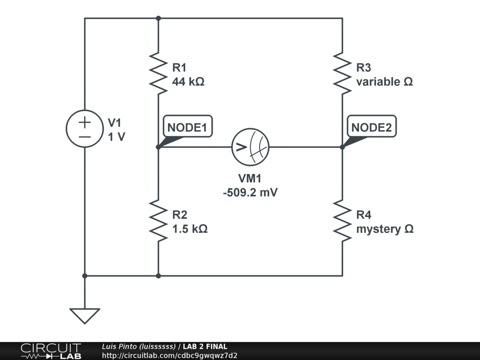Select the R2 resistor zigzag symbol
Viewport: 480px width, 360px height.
tap(158, 221)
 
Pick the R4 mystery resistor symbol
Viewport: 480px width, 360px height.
tap(343, 221)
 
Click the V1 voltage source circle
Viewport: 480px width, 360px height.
tap(85, 129)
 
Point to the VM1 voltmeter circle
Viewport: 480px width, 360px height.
tap(251, 147)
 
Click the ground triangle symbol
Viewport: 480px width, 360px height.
tap(85, 315)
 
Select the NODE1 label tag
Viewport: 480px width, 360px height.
tap(187, 127)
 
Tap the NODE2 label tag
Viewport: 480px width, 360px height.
tap(371, 127)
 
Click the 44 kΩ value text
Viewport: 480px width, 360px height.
tap(188, 82)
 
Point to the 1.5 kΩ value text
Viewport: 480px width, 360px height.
tap(190, 229)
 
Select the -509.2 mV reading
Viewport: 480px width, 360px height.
tap(250, 193)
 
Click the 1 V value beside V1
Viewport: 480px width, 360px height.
tap(117, 137)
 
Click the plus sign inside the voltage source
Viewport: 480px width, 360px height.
tap(85, 122)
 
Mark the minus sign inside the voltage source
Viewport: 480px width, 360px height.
tap(85, 136)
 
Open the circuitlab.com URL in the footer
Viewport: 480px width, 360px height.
tap(170, 355)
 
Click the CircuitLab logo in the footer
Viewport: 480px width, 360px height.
tap(50, 351)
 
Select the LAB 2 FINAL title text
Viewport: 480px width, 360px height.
tap(205, 347)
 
